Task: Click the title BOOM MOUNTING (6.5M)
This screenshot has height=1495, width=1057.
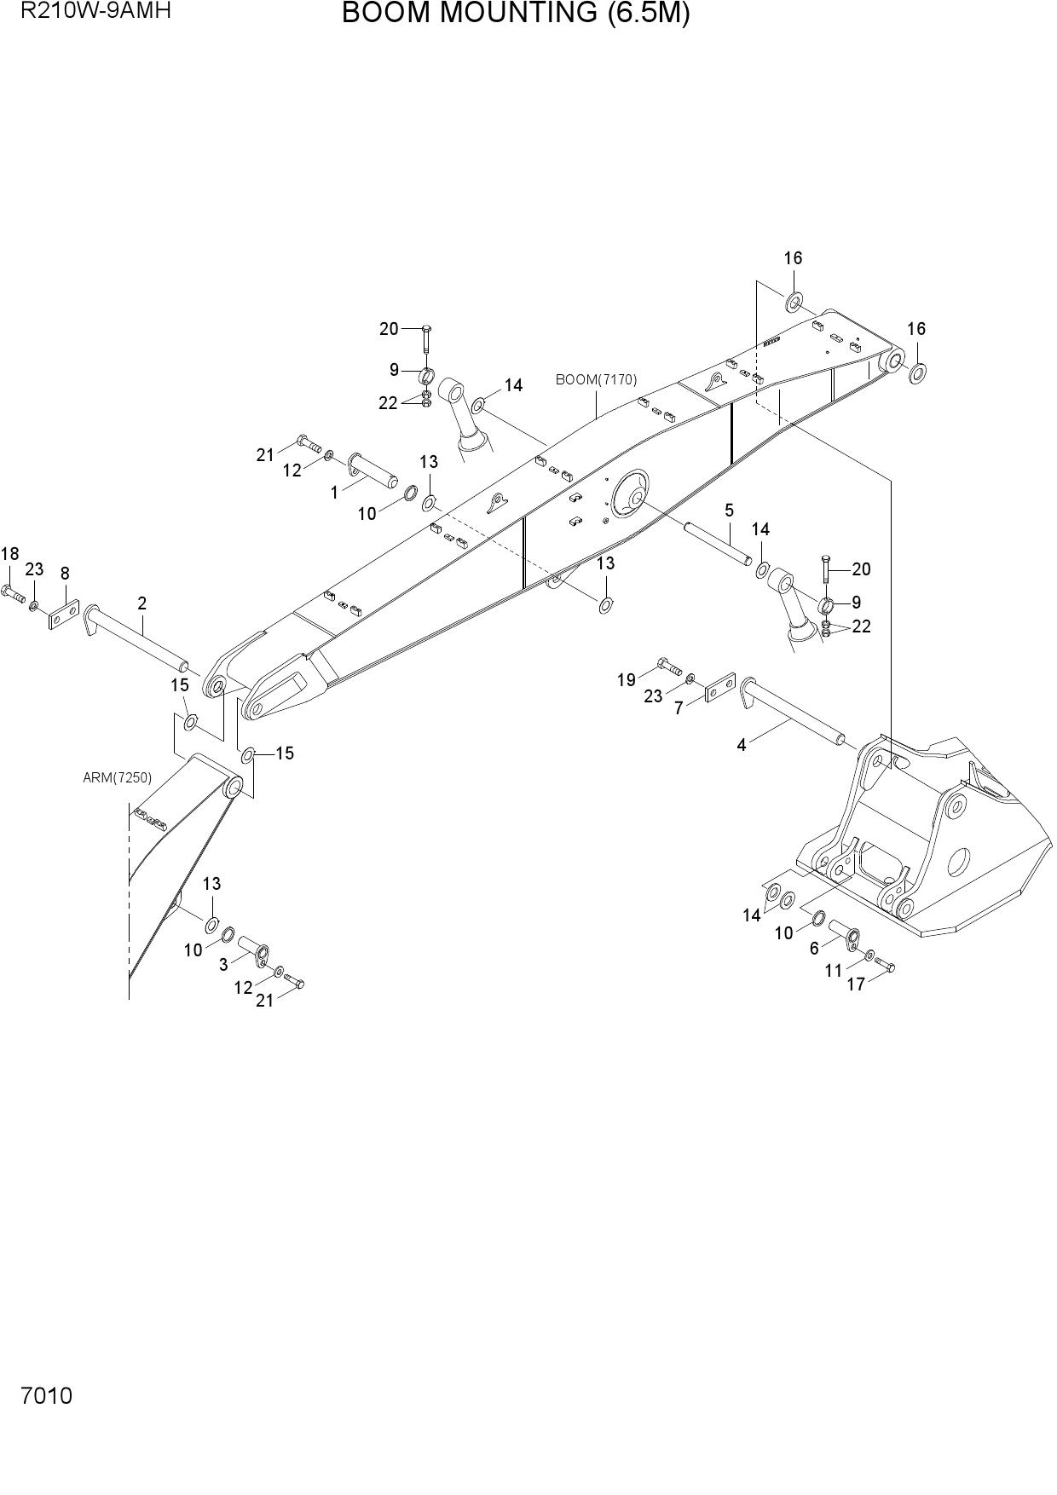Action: pos(516,14)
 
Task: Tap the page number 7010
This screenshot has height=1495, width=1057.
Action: pos(47,1396)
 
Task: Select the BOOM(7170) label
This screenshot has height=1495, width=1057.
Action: pos(596,379)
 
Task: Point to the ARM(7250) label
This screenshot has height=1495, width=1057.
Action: pos(117,777)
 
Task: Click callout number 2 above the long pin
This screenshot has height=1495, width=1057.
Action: pos(142,603)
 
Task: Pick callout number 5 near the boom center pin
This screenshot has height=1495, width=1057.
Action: pos(729,510)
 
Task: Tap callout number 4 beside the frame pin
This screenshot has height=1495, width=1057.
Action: pos(742,745)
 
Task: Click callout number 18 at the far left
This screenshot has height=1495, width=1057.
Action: pos(9,554)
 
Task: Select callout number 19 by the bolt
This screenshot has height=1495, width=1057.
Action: pos(627,679)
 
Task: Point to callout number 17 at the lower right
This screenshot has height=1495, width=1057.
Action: pos(856,984)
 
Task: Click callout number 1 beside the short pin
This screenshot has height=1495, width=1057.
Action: pos(334,492)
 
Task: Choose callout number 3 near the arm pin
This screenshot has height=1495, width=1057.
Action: pos(223,964)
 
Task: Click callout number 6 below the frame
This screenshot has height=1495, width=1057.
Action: pos(814,948)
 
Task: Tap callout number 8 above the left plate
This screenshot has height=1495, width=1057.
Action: pos(65,574)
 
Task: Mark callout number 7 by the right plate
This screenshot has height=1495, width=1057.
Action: pos(679,707)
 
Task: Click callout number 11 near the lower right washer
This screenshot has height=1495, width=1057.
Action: pos(833,970)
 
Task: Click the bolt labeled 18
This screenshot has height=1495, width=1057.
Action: pos(14,593)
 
